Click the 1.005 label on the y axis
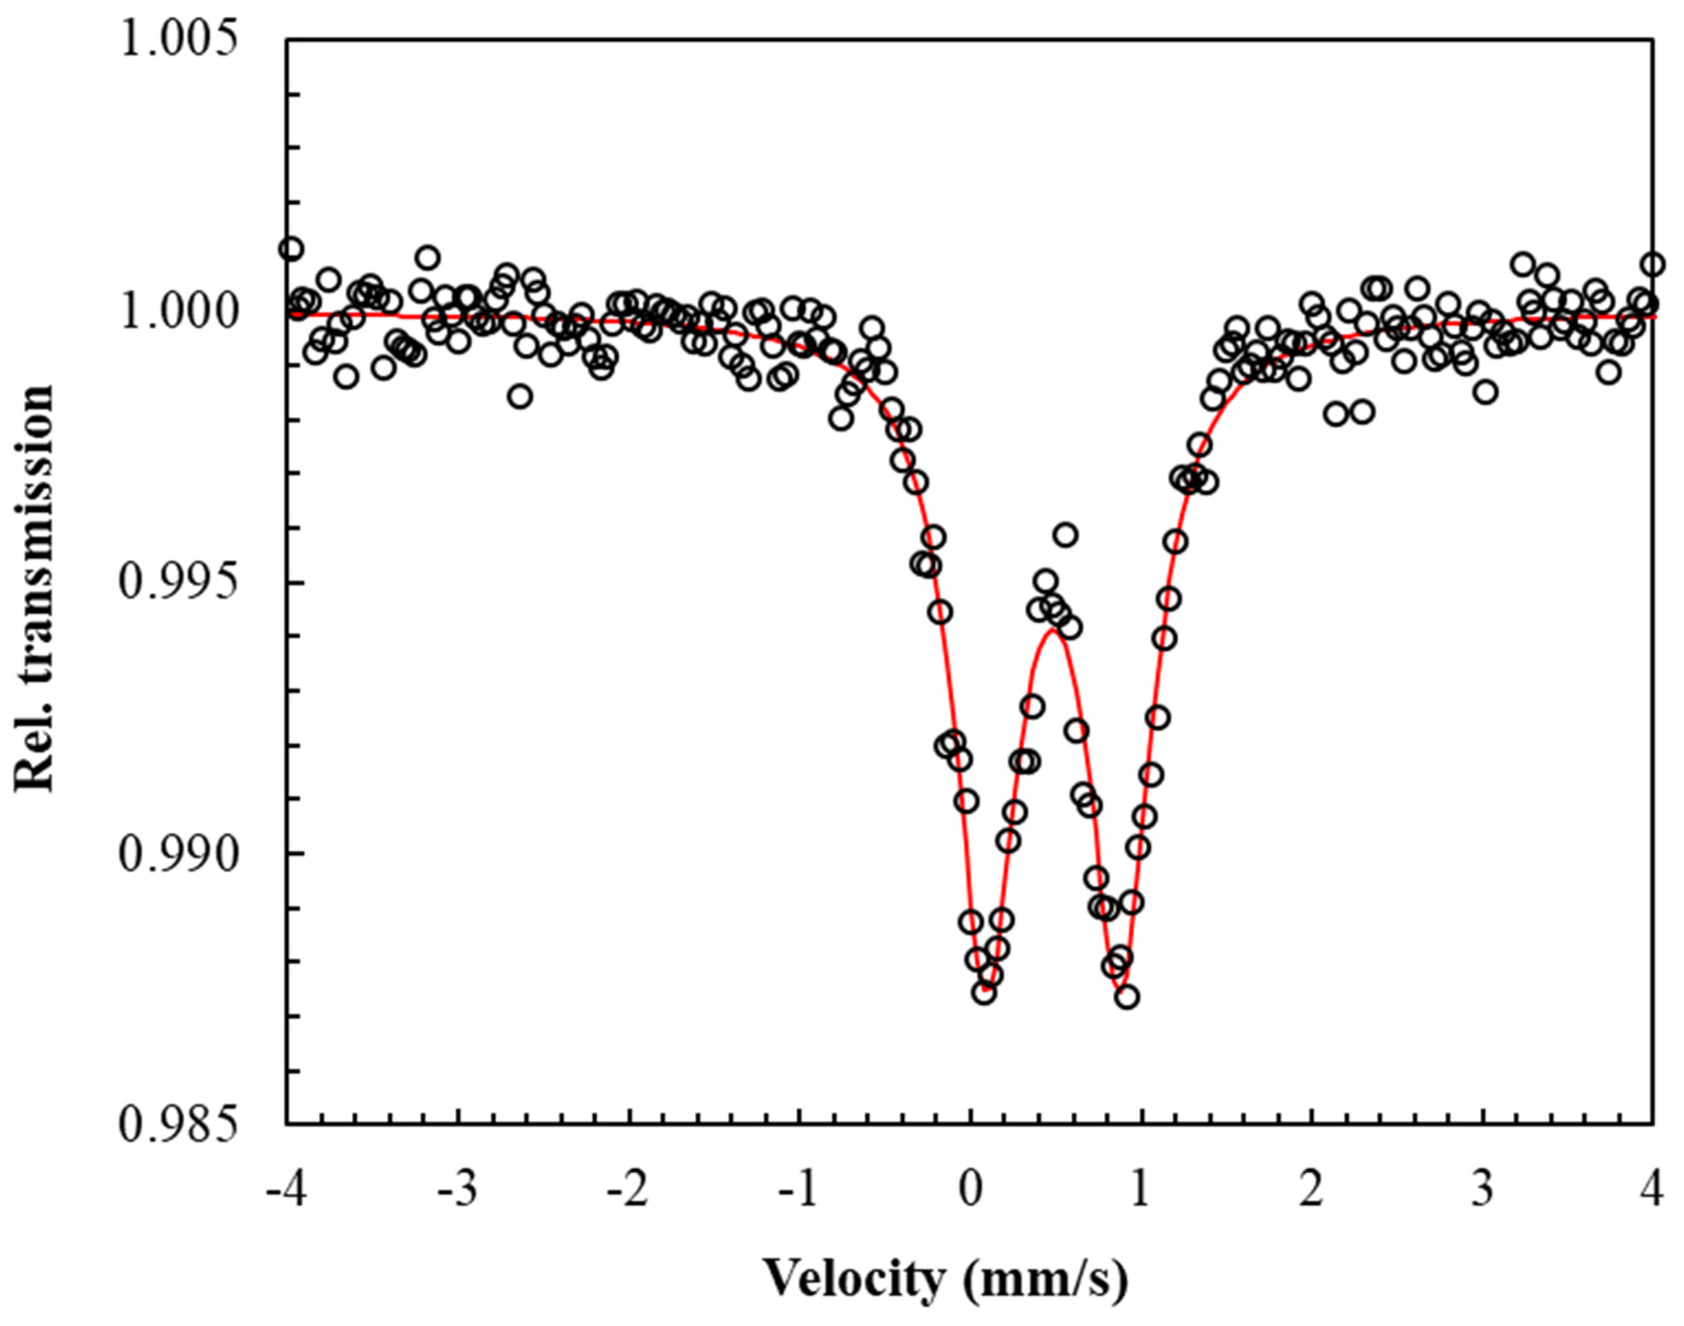coord(176,40)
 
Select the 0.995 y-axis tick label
coord(176,583)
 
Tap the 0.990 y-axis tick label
coord(176,854)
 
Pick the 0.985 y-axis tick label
coord(176,1125)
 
